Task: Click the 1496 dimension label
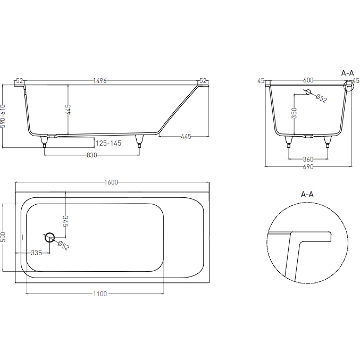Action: pyautogui.click(x=100, y=81)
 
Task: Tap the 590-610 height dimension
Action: pyautogui.click(x=3, y=116)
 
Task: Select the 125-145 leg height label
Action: pyautogui.click(x=108, y=143)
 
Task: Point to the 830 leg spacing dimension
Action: pyautogui.click(x=92, y=155)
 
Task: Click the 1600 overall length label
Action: pyautogui.click(x=111, y=182)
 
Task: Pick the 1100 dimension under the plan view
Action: pyautogui.click(x=100, y=294)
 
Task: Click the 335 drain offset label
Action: pyautogui.click(x=37, y=253)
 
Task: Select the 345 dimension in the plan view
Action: pyautogui.click(x=65, y=221)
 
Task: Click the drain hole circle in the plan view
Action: pyautogui.click(x=49, y=237)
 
